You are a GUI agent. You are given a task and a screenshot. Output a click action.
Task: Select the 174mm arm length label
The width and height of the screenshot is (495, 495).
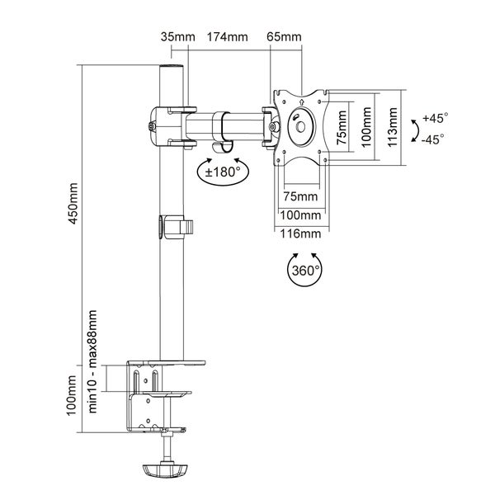[228, 37]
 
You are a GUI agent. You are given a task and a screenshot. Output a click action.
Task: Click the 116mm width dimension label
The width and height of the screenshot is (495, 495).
[300, 234]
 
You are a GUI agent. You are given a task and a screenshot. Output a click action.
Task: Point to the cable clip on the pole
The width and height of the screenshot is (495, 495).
[177, 224]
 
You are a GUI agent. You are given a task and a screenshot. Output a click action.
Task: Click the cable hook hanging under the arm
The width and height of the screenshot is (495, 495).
[220, 144]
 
